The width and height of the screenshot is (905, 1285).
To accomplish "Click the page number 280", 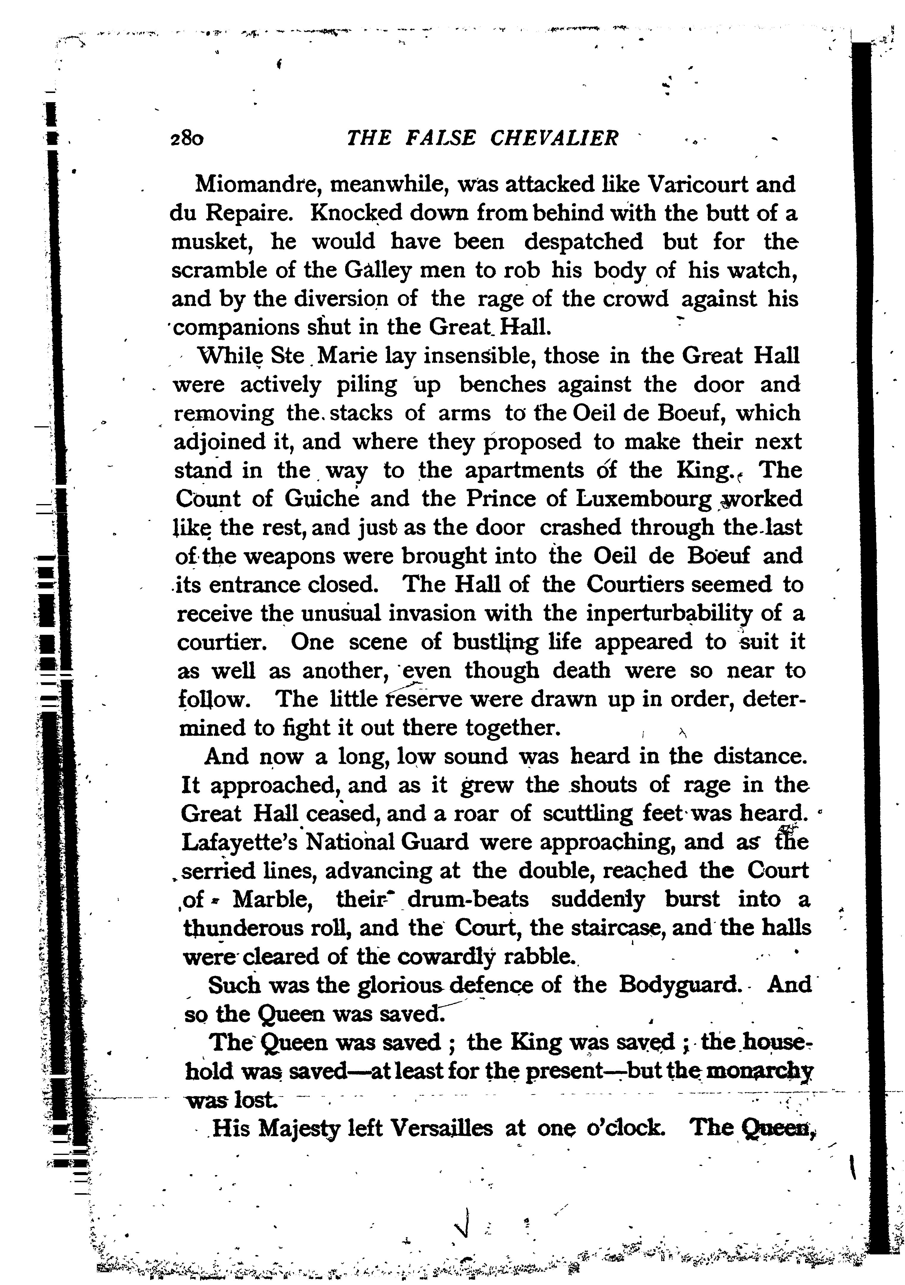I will [187, 138].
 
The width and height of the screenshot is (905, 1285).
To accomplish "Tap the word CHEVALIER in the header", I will [554, 138].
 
